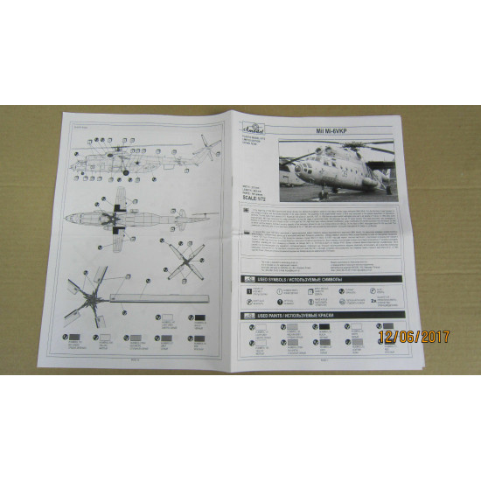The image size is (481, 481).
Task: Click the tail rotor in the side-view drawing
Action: [203, 142]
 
